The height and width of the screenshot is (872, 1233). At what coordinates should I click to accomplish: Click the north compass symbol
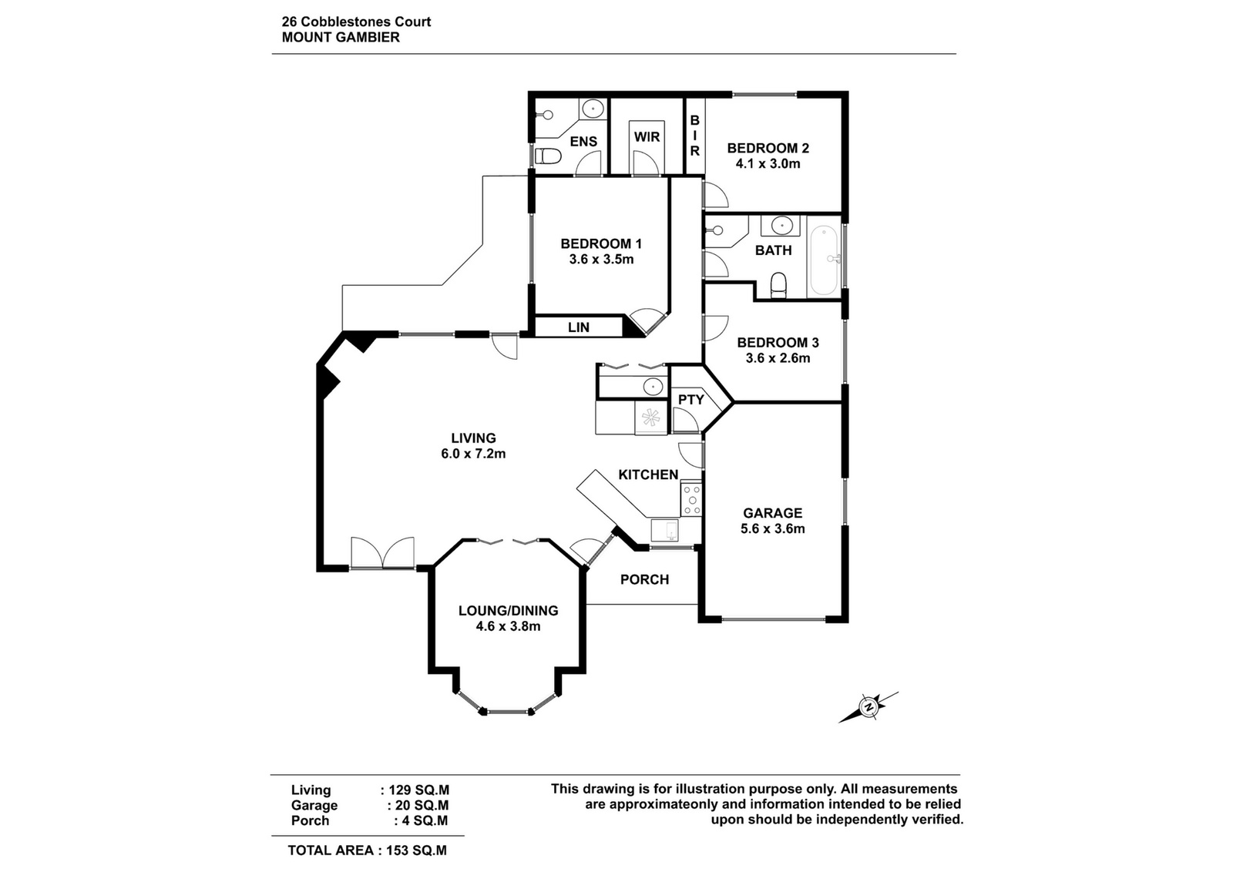[x=868, y=707]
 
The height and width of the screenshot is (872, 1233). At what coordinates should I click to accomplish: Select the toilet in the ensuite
[x=548, y=156]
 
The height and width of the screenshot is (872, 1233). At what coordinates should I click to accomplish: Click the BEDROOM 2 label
[x=768, y=148]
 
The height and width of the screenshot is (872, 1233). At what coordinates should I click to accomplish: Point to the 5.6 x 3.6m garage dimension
[x=772, y=528]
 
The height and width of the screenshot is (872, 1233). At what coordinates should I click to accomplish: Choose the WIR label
[x=647, y=136]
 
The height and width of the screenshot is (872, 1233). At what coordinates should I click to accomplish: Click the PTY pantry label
[x=690, y=400]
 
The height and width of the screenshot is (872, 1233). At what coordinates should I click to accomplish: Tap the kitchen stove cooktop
[x=691, y=499]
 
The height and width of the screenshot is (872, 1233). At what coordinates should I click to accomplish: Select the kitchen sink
[x=665, y=530]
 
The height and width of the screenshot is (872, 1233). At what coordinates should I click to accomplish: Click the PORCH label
[x=644, y=579]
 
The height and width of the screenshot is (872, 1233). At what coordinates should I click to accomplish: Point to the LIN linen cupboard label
[x=579, y=327]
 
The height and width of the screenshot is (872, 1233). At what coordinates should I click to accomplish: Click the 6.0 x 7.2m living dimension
[x=473, y=454]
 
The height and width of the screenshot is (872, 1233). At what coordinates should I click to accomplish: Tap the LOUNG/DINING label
[x=508, y=611]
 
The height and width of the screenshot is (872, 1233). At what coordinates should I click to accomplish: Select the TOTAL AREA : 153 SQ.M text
[x=367, y=850]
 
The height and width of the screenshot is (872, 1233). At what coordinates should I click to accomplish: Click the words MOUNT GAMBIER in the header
[x=341, y=38]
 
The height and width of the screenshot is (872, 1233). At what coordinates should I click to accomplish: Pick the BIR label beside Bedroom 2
[x=694, y=136]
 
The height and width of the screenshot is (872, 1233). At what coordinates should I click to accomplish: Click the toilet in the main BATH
[x=778, y=285]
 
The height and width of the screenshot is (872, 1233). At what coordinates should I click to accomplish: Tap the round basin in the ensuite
[x=593, y=109]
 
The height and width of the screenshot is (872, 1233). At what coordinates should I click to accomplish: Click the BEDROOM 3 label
[x=778, y=342]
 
